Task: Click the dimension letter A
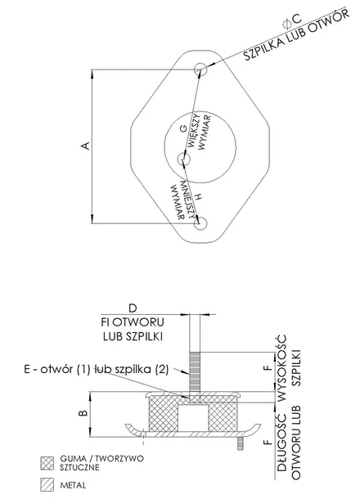click(x=85, y=146)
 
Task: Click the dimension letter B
click(x=83, y=413)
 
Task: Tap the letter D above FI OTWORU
click(x=133, y=308)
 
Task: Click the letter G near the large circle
click(x=183, y=128)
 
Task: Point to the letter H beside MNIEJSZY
click(x=198, y=197)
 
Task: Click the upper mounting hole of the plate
click(x=200, y=69)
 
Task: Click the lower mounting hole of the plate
click(x=200, y=223)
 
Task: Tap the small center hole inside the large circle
click(x=183, y=158)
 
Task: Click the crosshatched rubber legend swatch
click(x=47, y=463)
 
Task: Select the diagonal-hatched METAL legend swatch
click(x=47, y=484)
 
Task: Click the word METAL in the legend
click(x=73, y=485)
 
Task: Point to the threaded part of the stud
click(x=195, y=371)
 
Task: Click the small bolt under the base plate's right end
click(x=239, y=443)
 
